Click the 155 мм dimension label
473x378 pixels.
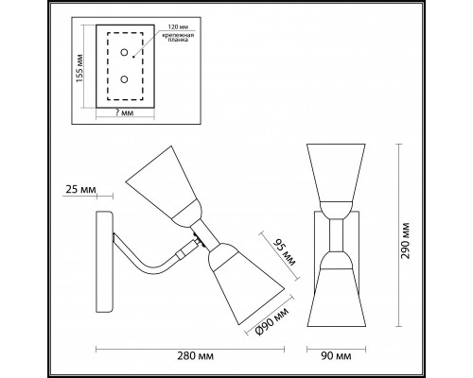click(79, 68)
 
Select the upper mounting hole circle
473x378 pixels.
click(124, 52)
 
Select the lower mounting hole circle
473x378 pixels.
click(124, 79)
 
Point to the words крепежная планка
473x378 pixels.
click(178, 37)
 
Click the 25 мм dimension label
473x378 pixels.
click(80, 189)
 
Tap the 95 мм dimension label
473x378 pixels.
click(285, 252)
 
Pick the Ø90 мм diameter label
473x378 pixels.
click(272, 321)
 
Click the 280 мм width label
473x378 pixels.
click(195, 356)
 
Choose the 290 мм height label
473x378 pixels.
click(405, 241)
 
